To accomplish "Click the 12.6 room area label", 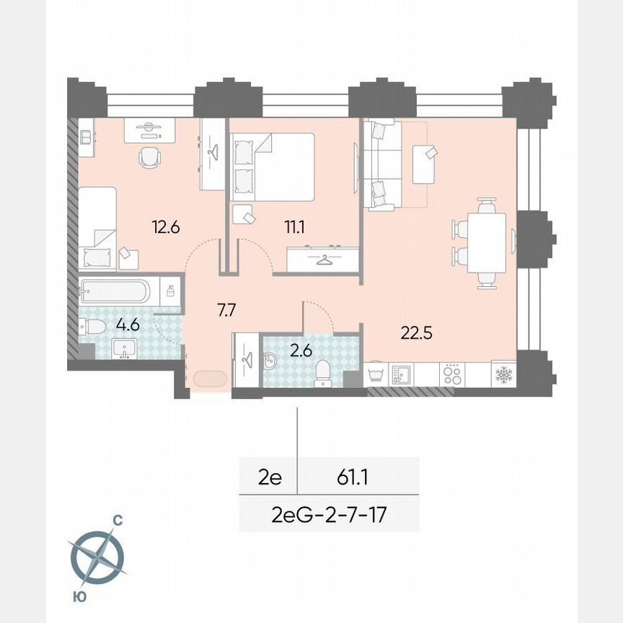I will (165, 227).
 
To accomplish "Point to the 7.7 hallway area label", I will (227, 311).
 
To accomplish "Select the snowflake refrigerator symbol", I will (502, 375).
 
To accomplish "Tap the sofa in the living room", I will (382, 166).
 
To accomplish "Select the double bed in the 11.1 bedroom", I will (272, 167).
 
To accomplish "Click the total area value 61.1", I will (354, 477).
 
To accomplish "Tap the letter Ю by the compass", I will (76, 596).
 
